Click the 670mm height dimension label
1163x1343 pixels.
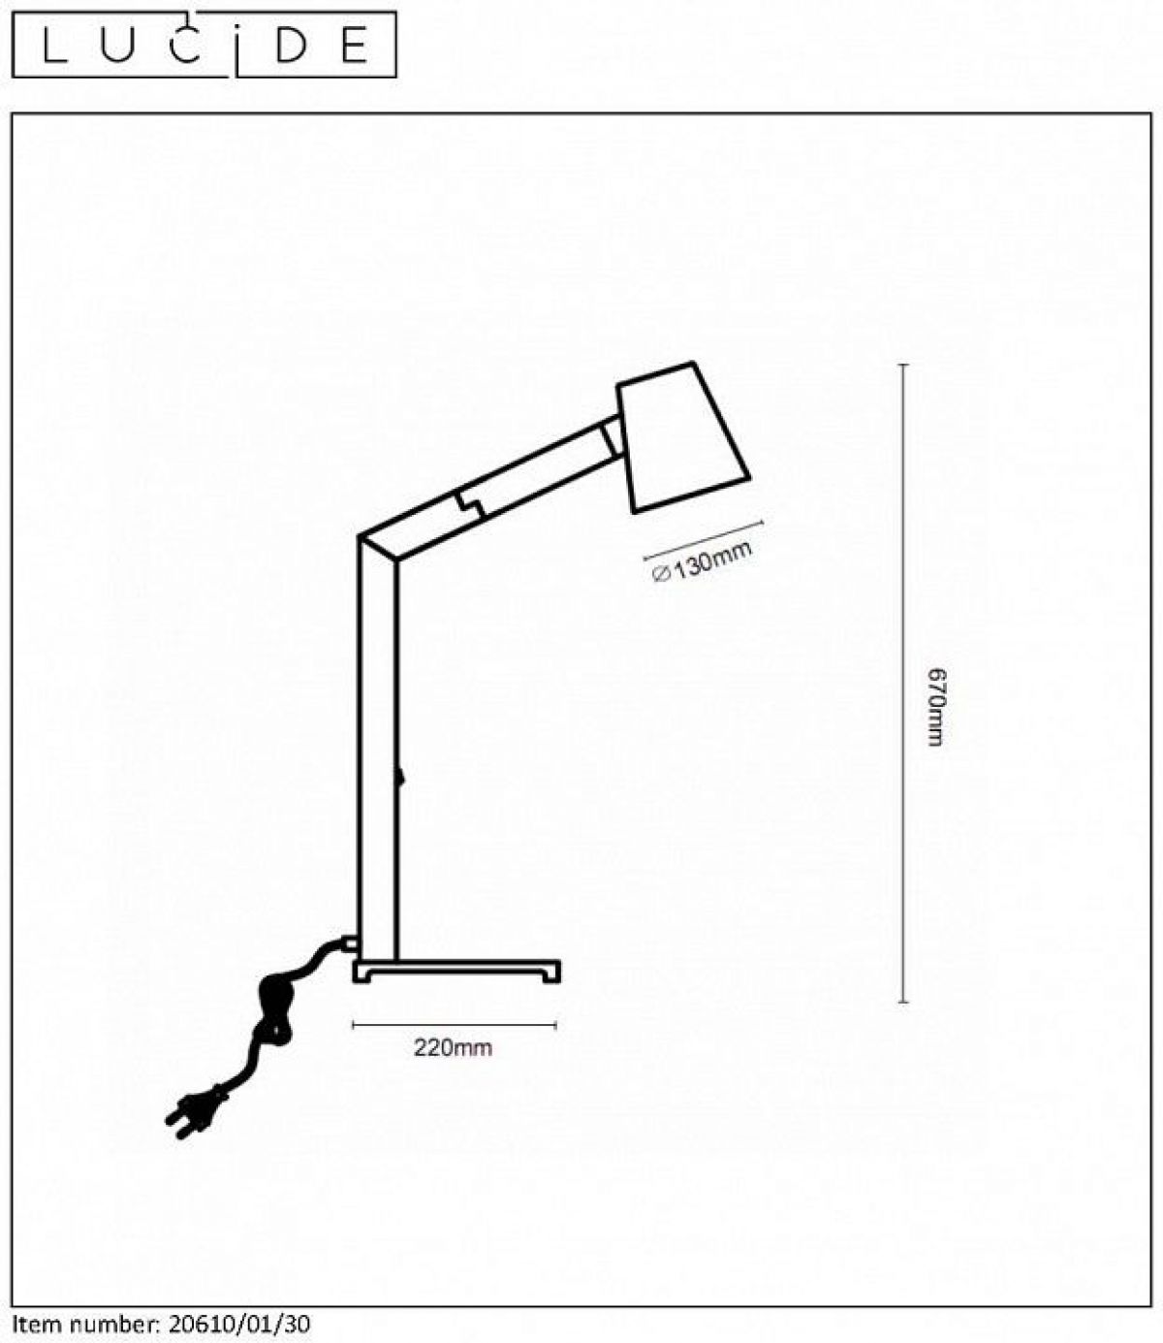pyautogui.click(x=934, y=706)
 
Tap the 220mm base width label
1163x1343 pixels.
pyautogui.click(x=453, y=1048)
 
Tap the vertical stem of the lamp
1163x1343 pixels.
pyautogui.click(x=377, y=756)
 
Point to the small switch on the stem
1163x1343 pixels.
pyautogui.click(x=399, y=777)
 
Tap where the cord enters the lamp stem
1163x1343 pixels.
pyautogui.click(x=349, y=941)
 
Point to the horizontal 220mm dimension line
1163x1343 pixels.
pyautogui.click(x=455, y=1024)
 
